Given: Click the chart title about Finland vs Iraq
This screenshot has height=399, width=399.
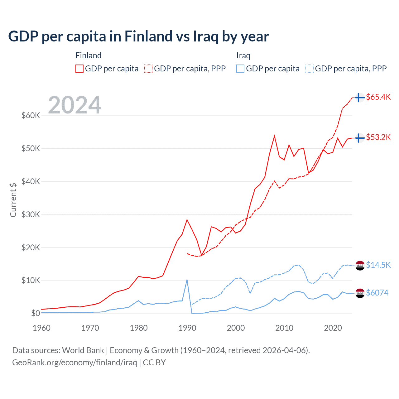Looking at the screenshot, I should tap(138, 36).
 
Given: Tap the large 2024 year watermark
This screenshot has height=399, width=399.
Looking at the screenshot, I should tap(75, 105).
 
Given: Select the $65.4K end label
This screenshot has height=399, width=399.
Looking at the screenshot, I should tap(378, 97).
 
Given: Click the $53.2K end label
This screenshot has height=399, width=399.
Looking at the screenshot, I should tap(378, 137).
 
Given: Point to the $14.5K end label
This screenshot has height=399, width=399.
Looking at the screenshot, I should tap(378, 265).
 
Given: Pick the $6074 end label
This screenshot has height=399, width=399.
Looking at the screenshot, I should tap(377, 293).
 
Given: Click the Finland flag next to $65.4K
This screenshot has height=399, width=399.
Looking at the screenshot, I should tap(360, 97).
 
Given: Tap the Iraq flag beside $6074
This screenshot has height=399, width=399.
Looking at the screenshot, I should tap(360, 293).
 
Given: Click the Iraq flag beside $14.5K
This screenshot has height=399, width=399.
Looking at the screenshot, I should tap(360, 265).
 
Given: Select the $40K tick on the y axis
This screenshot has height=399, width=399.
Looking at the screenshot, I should tap(31, 181).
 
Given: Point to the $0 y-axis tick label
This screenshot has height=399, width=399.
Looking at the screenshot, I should tap(35, 313).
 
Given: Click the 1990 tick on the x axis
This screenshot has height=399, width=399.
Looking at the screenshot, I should tap(187, 328).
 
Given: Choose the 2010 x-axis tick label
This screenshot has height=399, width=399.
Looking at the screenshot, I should tap(284, 328).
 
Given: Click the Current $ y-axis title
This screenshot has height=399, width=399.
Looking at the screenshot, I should tap(13, 199).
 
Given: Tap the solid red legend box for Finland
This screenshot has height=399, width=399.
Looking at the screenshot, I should tap(79, 69).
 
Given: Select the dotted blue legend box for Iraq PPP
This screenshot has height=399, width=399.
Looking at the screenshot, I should tap(310, 69).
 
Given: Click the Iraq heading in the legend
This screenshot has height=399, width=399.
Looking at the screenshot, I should tap(243, 55).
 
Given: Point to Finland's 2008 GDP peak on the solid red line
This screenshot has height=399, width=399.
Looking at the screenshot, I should tap(274, 136).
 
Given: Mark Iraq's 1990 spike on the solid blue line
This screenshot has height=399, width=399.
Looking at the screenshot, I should tap(187, 280).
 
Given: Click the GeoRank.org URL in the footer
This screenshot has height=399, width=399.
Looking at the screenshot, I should tap(75, 363).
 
